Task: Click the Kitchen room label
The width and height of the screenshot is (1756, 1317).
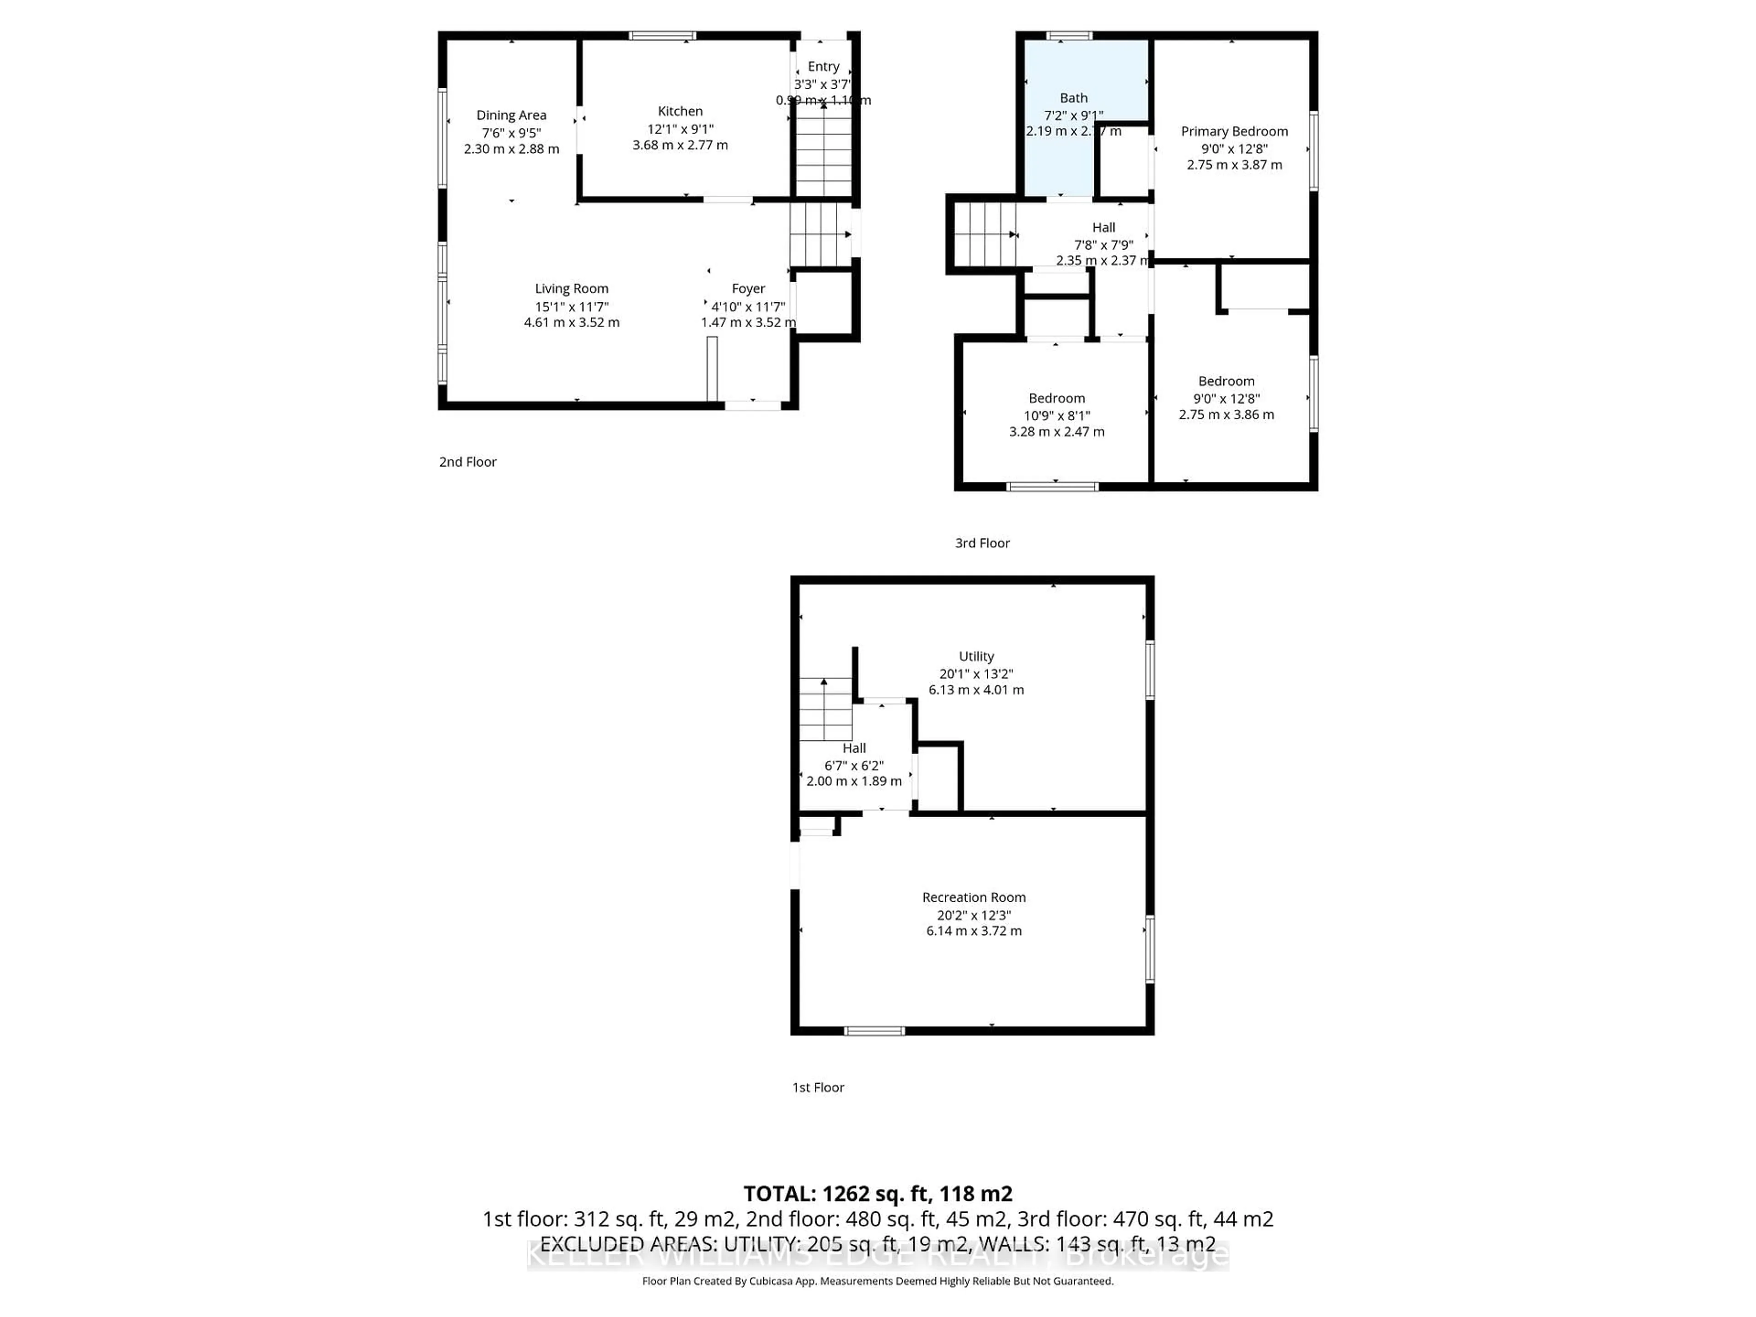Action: pyautogui.click(x=680, y=111)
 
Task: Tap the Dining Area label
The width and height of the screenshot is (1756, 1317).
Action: pyautogui.click(x=511, y=115)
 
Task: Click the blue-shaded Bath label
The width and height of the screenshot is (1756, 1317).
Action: pyautogui.click(x=1073, y=98)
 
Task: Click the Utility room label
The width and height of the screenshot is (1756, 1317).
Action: pyautogui.click(x=976, y=657)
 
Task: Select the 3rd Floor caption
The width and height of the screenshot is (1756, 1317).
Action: pyautogui.click(x=982, y=543)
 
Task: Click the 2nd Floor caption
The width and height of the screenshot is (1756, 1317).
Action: pyautogui.click(x=467, y=462)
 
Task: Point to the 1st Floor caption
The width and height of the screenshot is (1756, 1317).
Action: pyautogui.click(x=818, y=1087)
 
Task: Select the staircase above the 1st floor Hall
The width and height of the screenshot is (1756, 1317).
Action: pyautogui.click(x=825, y=709)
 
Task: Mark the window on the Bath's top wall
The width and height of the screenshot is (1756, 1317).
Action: pyautogui.click(x=1069, y=36)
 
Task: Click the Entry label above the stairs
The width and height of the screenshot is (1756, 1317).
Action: pyautogui.click(x=823, y=67)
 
